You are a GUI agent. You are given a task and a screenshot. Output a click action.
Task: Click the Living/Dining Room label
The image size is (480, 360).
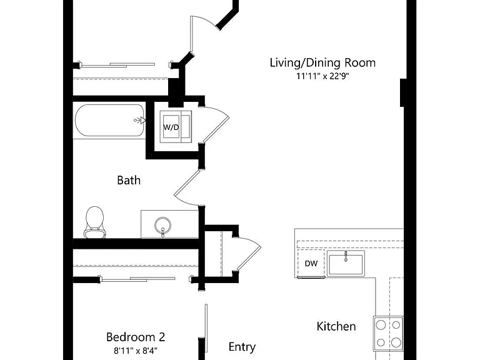coord(322,62)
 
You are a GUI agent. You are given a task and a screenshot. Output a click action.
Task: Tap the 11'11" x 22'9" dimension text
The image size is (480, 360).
coord(322,76)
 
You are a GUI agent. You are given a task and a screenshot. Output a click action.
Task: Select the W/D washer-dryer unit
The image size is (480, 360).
coord(176,126)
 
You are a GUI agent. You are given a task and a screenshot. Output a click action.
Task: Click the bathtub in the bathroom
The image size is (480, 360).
coord(109,120)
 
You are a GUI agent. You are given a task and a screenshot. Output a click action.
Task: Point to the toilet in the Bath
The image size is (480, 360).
coord(94,222)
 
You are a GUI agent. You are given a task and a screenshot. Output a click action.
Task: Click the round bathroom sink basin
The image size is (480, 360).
coord(162,226)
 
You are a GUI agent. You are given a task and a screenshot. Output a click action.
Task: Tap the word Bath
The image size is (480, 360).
coord(129,180)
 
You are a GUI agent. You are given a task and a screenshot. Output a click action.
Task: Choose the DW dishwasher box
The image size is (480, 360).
coord(311,263)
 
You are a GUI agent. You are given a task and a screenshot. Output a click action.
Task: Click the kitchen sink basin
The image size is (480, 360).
coord(346,263)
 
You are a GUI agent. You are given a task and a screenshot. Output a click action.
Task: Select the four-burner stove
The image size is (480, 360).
coord(388,333)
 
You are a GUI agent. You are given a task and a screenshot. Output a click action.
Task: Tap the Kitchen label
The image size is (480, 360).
coord(336,326)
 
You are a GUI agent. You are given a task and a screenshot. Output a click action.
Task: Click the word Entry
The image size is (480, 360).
coord(242,347)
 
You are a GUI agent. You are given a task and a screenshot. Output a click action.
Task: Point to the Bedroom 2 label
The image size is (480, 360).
coord(136,337)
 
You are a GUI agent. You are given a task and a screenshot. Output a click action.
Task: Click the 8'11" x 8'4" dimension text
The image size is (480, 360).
coord(136,350)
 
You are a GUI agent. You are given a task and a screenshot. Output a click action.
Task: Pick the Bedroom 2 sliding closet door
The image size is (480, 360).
coord(137,279)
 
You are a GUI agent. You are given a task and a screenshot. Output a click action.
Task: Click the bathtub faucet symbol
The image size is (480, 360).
coord(139,120)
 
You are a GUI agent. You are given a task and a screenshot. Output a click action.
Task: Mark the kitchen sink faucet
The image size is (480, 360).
coord(346,256)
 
